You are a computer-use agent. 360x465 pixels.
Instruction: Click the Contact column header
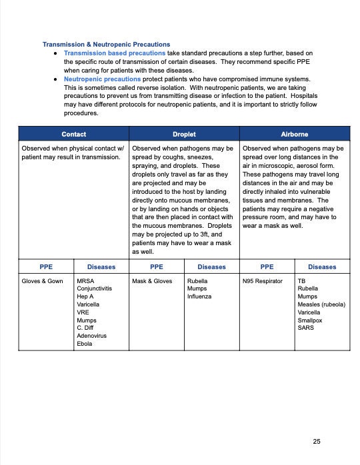[73, 134]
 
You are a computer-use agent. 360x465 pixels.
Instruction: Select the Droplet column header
[184, 134]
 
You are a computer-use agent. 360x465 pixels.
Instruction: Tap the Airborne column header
[295, 134]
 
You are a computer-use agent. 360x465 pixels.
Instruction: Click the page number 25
[317, 442]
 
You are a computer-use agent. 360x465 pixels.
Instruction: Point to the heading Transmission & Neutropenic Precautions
[106, 45]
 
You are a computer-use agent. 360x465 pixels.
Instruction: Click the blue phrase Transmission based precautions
[115, 53]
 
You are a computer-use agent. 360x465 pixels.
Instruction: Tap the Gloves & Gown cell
[43, 281]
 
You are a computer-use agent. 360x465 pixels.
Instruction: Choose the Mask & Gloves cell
[152, 281]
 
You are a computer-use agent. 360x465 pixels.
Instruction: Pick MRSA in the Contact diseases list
[86, 281]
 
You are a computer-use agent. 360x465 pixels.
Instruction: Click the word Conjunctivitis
[95, 289]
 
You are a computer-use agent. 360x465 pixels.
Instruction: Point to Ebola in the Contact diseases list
[85, 344]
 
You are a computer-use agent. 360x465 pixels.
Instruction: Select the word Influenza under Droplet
[199, 296]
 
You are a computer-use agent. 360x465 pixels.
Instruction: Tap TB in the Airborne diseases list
[302, 281]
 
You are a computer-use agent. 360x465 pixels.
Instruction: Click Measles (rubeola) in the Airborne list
[321, 304]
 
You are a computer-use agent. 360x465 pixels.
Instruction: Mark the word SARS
[306, 328]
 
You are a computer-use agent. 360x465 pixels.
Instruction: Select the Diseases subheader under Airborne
[322, 266]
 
